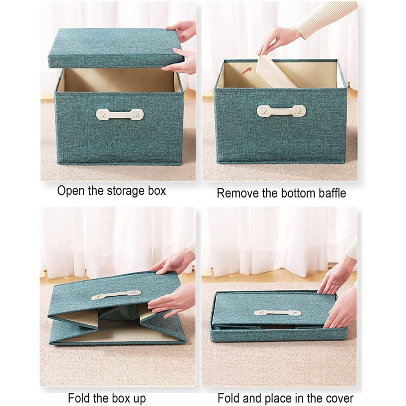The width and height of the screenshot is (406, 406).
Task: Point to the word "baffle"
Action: [x=332, y=193]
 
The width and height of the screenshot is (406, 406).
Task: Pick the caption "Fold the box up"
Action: [x=107, y=398]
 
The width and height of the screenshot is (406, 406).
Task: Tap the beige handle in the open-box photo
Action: [x=120, y=114]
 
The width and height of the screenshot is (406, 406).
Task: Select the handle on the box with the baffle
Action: [x=281, y=111]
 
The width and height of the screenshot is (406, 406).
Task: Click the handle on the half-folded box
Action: [x=116, y=295]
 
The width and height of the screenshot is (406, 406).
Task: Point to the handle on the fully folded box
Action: [x=277, y=313]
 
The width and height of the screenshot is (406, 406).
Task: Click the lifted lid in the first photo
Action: [x=116, y=48]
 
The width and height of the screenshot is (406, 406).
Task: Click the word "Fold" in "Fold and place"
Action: [x=228, y=398]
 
